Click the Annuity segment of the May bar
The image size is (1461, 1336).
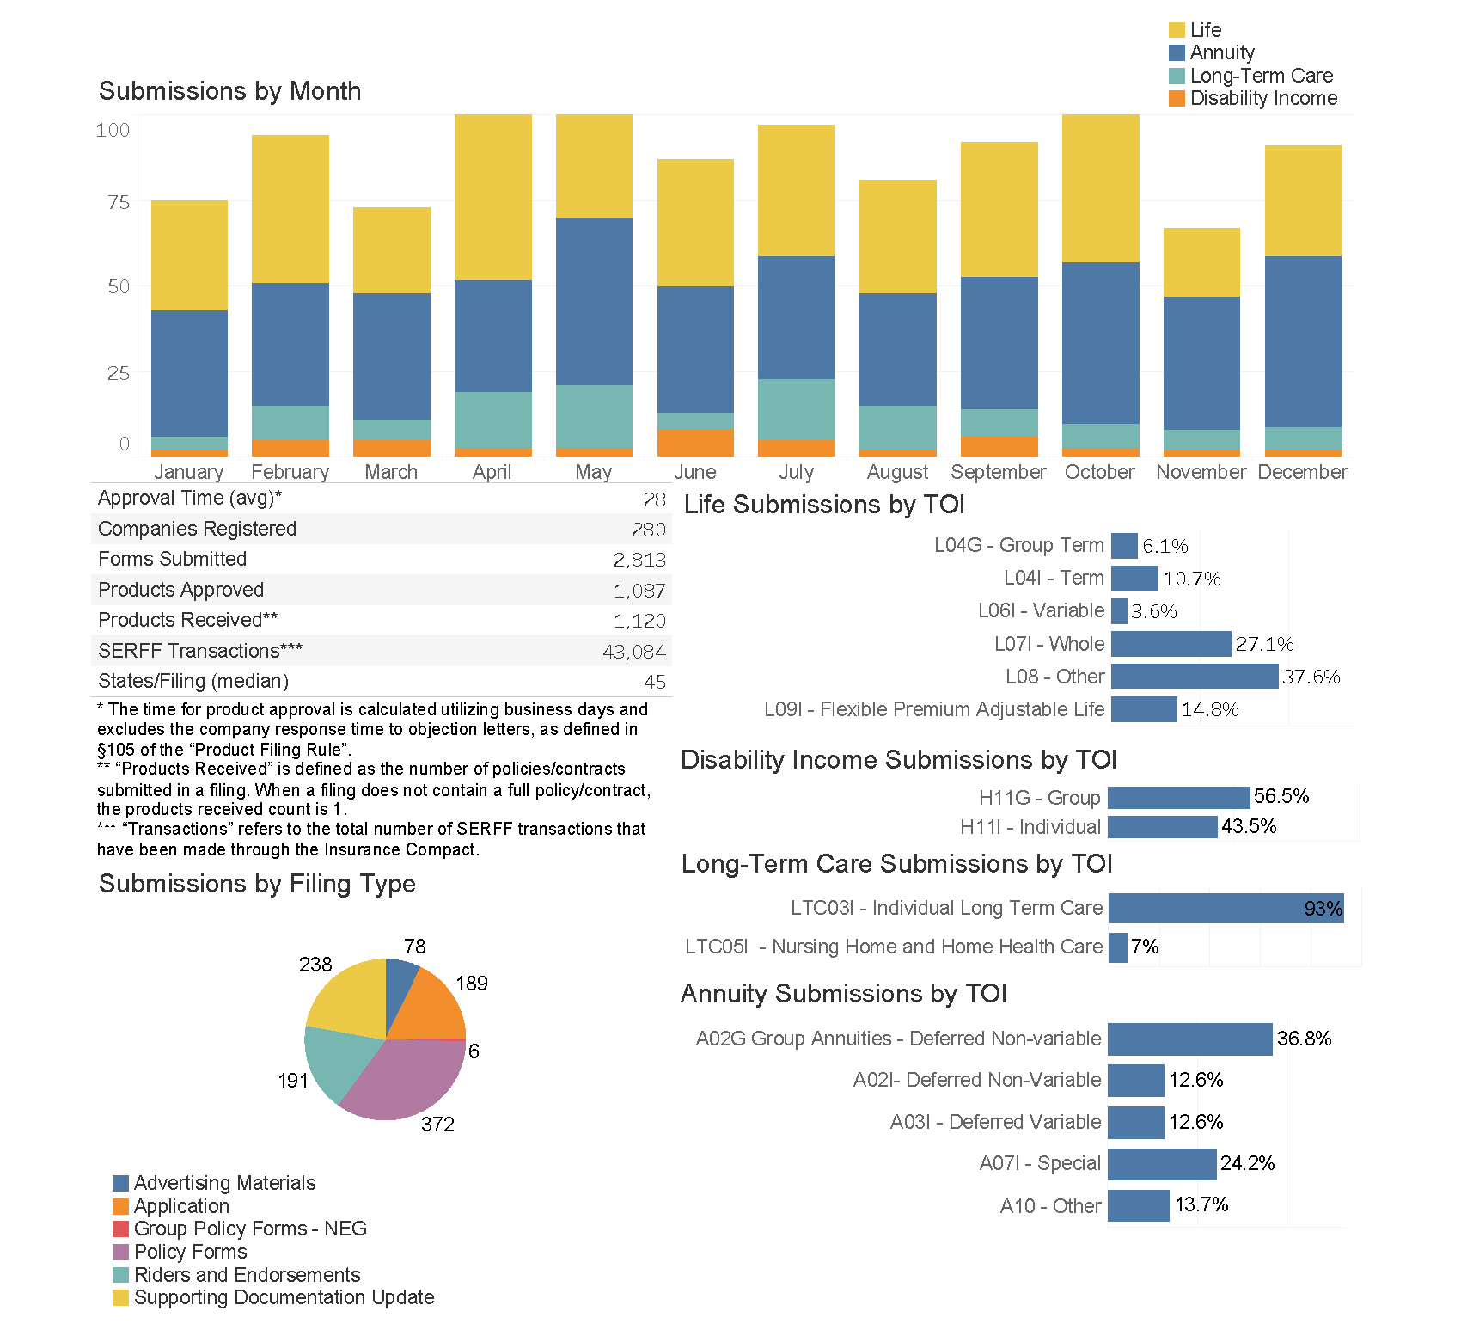[x=594, y=301]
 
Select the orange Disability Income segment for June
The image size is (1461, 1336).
[x=695, y=442]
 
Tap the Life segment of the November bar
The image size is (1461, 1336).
[x=1201, y=262]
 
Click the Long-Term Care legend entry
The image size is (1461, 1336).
[x=1260, y=76]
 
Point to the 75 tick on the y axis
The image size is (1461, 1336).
[x=119, y=202]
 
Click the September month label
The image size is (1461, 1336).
[x=998, y=472]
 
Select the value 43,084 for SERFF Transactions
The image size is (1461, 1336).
[x=633, y=652]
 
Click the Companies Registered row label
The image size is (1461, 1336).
[x=197, y=529]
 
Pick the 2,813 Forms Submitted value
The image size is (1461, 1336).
[x=639, y=560]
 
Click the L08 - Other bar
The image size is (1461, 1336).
[x=1194, y=677]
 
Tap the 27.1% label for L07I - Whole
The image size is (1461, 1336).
[x=1263, y=644]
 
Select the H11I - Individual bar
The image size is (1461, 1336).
[x=1162, y=827]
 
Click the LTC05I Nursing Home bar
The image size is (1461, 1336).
[x=1117, y=947]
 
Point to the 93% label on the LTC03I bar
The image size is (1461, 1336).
[x=1322, y=909]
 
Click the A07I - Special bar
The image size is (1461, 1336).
[x=1161, y=1164]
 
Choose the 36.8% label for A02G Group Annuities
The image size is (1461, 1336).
[x=1303, y=1039]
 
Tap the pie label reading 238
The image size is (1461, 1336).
[x=315, y=965]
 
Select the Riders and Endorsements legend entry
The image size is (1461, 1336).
[x=246, y=1275]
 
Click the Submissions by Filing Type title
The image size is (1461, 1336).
[x=257, y=884]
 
